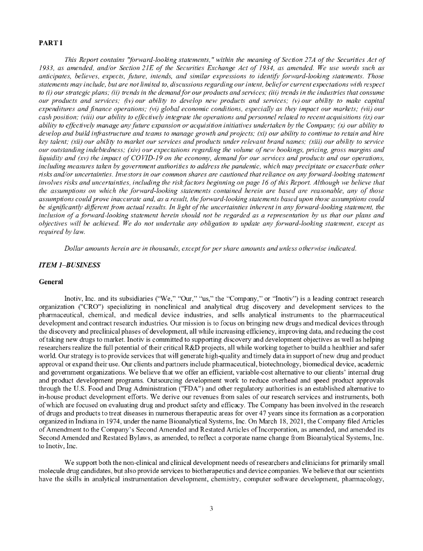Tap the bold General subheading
[51, 281]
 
